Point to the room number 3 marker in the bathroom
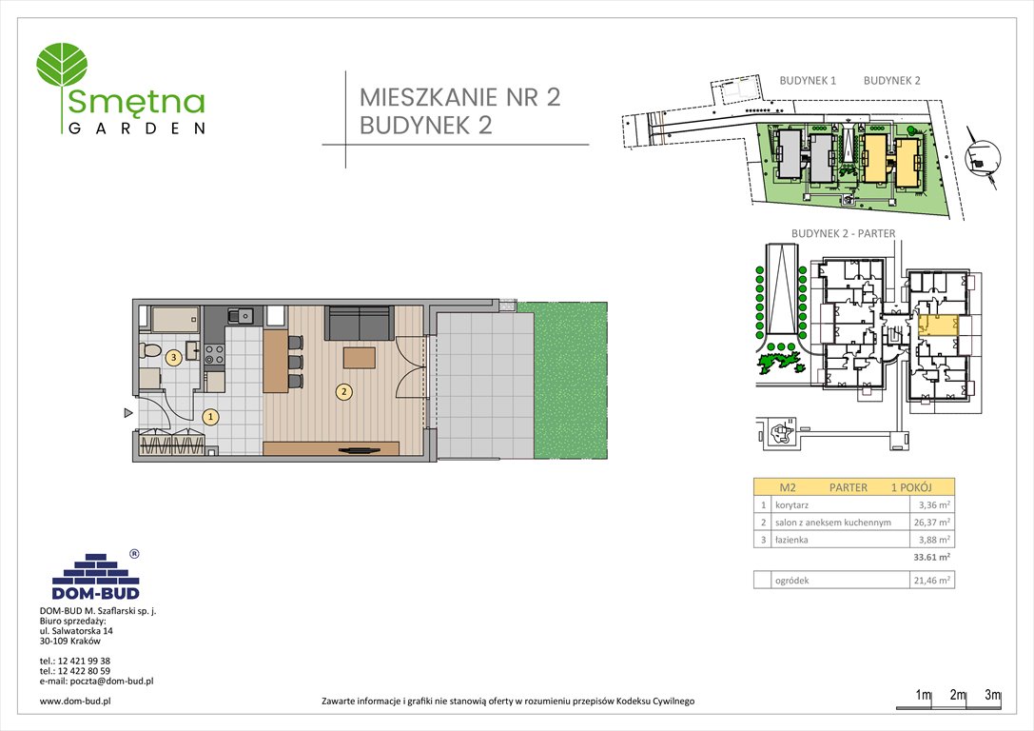pos(173,358)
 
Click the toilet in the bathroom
pos(148,350)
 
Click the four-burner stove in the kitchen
pos(215,354)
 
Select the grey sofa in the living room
pos(360,323)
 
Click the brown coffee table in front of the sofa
pos(359,358)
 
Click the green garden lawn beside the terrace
pos(570,382)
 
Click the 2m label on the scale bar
pos(957,695)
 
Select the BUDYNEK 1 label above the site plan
pos(807,81)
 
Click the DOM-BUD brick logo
pos(95,575)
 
